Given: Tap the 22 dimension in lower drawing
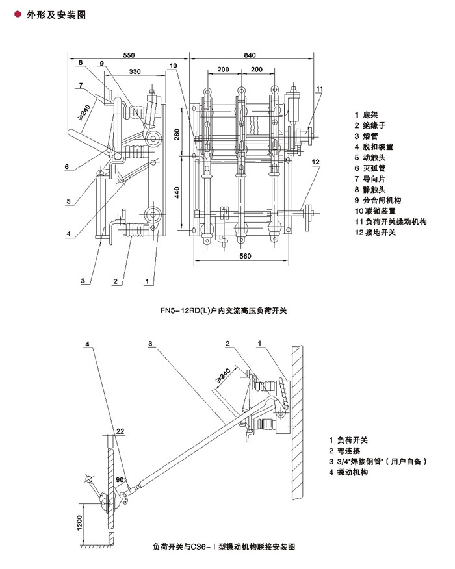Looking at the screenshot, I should [x=121, y=431].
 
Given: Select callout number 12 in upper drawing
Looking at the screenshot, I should [x=316, y=161].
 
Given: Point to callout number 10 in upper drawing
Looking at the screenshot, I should [x=174, y=66].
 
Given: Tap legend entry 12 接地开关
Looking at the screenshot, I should [x=378, y=231].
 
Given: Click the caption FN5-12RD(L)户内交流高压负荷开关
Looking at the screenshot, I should [x=223, y=311].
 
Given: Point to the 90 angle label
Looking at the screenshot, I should [x=119, y=479].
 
